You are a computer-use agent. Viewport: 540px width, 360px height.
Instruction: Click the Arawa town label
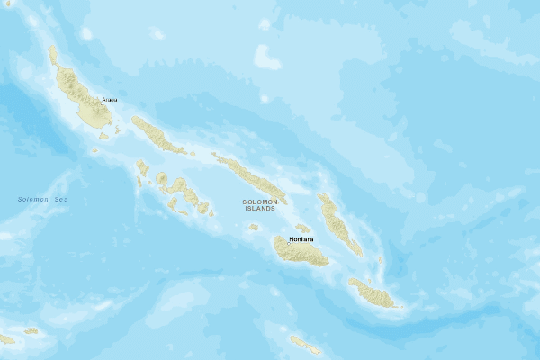(x=109, y=99)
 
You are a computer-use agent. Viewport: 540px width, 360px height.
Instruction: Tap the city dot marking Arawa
(x=102, y=103)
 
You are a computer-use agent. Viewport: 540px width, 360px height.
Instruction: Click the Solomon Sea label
(x=42, y=199)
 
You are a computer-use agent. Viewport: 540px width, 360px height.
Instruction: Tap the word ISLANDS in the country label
(x=259, y=209)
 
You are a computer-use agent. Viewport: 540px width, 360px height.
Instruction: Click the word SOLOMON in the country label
(x=259, y=202)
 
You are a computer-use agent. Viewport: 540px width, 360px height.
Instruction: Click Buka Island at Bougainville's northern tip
(x=52, y=56)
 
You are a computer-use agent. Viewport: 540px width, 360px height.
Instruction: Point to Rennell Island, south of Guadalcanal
(x=304, y=344)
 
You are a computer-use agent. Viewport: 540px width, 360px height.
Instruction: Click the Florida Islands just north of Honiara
(x=303, y=228)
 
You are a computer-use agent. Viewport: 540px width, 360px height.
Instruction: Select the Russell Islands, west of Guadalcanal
(x=254, y=227)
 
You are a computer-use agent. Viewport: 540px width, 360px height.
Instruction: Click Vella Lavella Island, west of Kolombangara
(x=141, y=166)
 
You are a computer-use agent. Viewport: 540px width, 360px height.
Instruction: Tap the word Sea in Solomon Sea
(x=60, y=199)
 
